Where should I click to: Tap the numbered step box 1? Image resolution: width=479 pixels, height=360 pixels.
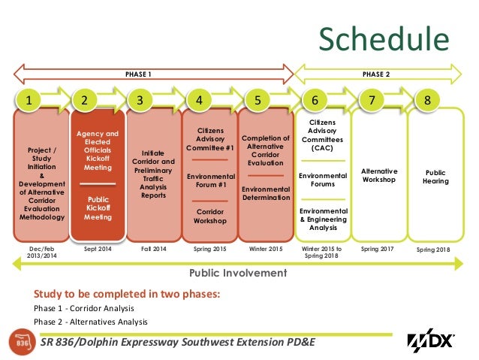[x=29, y=99]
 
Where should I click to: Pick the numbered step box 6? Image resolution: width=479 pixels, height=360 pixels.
[x=315, y=99]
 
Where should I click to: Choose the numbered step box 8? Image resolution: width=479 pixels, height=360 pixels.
[x=427, y=99]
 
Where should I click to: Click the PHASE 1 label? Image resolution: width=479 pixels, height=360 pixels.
[x=138, y=74]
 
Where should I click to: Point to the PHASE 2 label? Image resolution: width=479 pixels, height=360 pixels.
[x=376, y=74]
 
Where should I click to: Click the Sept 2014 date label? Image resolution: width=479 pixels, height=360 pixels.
[x=98, y=248]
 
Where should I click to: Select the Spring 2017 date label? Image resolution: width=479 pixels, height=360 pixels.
[x=378, y=248]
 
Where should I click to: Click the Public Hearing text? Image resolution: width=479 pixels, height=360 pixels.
[x=435, y=177]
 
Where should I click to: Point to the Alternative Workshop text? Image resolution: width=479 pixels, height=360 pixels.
[x=379, y=175]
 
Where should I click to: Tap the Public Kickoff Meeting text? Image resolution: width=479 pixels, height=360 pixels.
[x=98, y=208]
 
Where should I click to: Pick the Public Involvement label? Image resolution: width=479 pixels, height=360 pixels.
[x=238, y=273]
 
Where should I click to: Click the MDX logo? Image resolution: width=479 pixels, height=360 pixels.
[x=431, y=340]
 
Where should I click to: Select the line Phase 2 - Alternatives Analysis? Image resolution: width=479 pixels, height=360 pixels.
[x=90, y=322]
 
